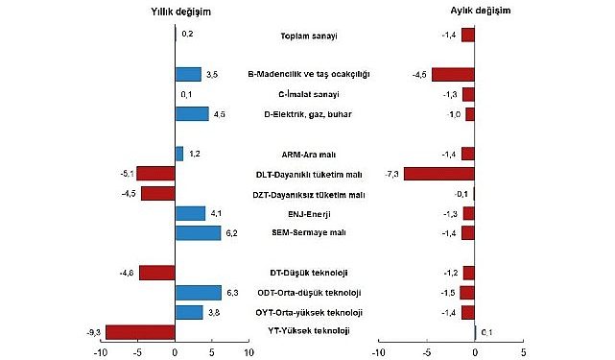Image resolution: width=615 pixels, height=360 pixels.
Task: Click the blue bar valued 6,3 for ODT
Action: click(x=199, y=293)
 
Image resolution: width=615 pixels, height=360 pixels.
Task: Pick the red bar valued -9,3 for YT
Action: click(x=140, y=332)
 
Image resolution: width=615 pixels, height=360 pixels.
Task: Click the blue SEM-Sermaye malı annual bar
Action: click(x=198, y=233)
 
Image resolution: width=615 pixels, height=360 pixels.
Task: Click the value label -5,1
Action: click(x=125, y=174)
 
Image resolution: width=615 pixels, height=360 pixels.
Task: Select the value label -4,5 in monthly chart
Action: click(x=418, y=74)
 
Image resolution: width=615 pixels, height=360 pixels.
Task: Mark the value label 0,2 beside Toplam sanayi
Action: click(x=187, y=35)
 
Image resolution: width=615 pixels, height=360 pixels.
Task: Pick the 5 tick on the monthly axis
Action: click(x=523, y=352)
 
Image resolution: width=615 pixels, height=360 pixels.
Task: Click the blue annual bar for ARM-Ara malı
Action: click(x=179, y=154)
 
